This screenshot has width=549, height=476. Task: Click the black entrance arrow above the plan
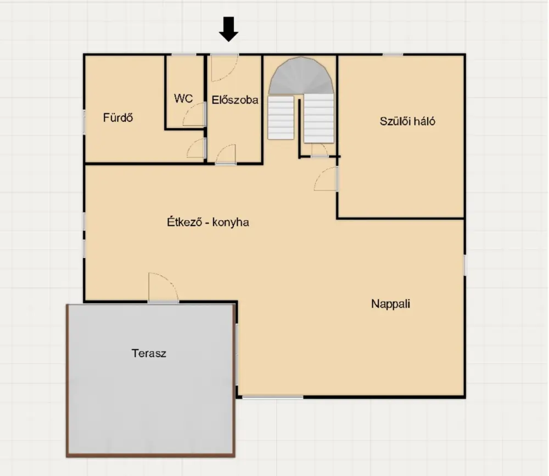pyautogui.click(x=228, y=29)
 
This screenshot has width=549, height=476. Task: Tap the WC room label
pyautogui.click(x=183, y=98)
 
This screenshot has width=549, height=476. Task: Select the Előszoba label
pyautogui.click(x=235, y=100)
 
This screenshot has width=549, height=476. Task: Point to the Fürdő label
pyautogui.click(x=118, y=117)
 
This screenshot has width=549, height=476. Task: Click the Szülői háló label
pyautogui.click(x=407, y=121)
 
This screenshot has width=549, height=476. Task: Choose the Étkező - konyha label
pyautogui.click(x=208, y=222)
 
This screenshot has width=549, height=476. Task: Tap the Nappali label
pyautogui.click(x=390, y=304)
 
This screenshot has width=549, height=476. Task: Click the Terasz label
pyautogui.click(x=149, y=353)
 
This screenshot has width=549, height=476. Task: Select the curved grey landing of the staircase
pyautogui.click(x=301, y=75)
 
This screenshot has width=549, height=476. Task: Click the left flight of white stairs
pyautogui.click(x=281, y=117)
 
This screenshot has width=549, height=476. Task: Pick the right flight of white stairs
pyautogui.click(x=318, y=118)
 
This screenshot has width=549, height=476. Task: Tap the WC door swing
pyautogui.click(x=194, y=114)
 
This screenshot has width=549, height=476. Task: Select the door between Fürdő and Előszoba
pyautogui.click(x=196, y=148)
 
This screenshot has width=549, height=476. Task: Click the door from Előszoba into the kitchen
pyautogui.click(x=226, y=154)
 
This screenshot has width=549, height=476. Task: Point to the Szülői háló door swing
pyautogui.click(x=326, y=179)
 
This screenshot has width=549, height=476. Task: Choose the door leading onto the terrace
pyautogui.click(x=163, y=287)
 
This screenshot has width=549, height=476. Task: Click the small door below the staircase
pyautogui.click(x=320, y=150)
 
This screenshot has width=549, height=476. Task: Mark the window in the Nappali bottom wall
pyautogui.click(x=272, y=397)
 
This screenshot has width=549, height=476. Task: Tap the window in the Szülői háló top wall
pyautogui.click(x=393, y=54)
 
